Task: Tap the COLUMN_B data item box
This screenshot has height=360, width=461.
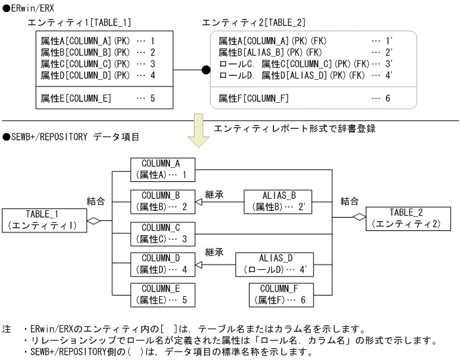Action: click(163, 201)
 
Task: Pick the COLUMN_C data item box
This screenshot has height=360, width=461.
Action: click(163, 232)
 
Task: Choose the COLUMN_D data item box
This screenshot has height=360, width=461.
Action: click(163, 264)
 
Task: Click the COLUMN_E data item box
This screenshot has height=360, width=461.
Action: click(163, 295)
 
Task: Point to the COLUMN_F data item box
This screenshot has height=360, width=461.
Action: click(281, 295)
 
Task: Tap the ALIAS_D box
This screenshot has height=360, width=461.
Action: click(274, 264)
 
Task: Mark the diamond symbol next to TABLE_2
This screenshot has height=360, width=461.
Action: click(360, 216)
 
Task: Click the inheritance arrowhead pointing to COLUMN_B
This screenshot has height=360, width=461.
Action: click(199, 201)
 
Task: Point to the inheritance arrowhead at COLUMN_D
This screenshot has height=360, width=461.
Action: click(199, 264)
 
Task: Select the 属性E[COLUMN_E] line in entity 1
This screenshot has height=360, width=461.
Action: click(76, 99)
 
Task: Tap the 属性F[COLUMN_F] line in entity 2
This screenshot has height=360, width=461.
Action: click(254, 99)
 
